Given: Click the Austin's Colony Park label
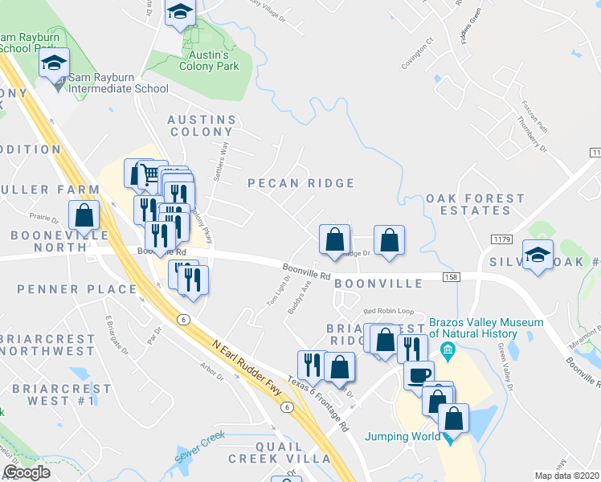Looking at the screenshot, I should pyautogui.click(x=210, y=60).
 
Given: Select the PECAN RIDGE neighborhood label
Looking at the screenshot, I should pyautogui.click(x=300, y=183).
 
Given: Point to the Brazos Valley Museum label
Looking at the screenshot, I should pyautogui.click(x=487, y=328).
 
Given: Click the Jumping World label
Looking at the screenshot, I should pyautogui.click(x=403, y=437).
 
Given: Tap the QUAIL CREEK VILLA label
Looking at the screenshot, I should pyautogui.click(x=280, y=451).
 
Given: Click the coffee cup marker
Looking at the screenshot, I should pyautogui.click(x=419, y=374).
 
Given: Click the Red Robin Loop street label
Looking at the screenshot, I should pyautogui.click(x=388, y=311).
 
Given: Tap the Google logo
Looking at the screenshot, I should pyautogui.click(x=27, y=472).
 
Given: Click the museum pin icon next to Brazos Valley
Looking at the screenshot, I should pyautogui.click(x=448, y=349).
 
